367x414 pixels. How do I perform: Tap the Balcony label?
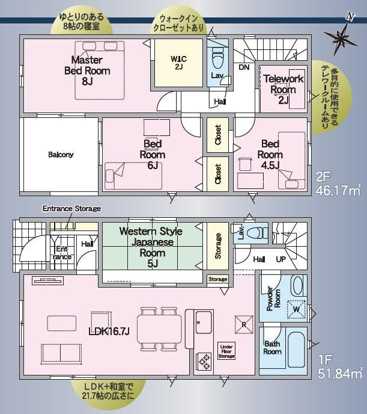click(x=61, y=155)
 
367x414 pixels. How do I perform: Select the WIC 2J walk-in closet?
click(x=178, y=63)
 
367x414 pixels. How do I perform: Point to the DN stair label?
click(x=244, y=67)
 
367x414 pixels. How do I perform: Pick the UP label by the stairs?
click(x=281, y=259)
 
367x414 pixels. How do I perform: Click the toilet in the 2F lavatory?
click(x=217, y=58)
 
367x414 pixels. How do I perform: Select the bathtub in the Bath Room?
click(x=296, y=347)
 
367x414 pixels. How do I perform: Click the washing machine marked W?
click(x=296, y=309)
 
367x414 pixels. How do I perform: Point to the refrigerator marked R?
click(x=244, y=324)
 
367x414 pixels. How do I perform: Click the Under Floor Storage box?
click(x=226, y=351)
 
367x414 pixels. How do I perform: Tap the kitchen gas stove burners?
click(x=204, y=361)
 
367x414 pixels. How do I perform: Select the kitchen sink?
click(x=204, y=323)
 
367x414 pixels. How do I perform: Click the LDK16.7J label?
click(x=109, y=332)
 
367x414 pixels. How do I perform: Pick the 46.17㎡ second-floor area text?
click(x=338, y=190)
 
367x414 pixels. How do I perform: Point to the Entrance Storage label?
click(x=71, y=209)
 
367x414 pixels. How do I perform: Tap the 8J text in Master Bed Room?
click(x=87, y=81)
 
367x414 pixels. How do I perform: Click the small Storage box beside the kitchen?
click(x=217, y=279)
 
